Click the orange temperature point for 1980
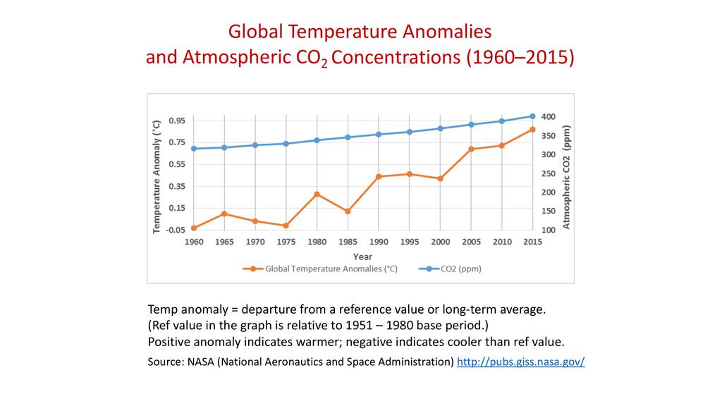point(317,194)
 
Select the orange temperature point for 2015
point(532,130)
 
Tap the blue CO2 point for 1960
point(193,149)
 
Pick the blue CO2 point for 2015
point(532,116)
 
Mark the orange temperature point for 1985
point(348,211)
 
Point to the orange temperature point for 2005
point(471,149)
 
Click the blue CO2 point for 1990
point(379,135)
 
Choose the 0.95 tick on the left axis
point(177,121)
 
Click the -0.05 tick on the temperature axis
point(176,230)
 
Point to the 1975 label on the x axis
point(286,242)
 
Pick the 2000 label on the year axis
point(440,242)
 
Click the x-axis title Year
point(363,257)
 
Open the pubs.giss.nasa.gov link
point(520,362)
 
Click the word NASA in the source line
point(202,362)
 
